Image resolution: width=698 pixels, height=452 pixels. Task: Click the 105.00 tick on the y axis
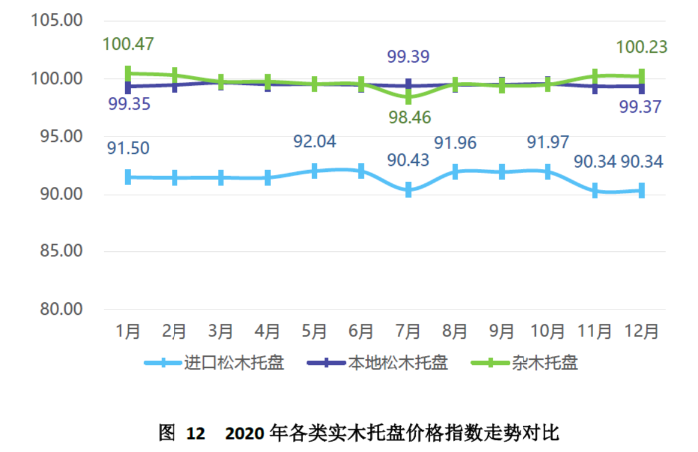[x=56, y=21]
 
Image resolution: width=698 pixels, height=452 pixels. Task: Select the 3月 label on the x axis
[x=221, y=331]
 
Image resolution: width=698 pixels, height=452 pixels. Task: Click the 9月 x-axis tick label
[x=502, y=331]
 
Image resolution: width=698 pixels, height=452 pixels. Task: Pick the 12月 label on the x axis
[x=641, y=331]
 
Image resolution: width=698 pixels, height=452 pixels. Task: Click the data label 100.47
[x=127, y=44]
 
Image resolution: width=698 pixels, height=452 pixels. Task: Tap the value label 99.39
[x=409, y=57]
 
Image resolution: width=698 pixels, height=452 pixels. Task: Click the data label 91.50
[x=128, y=148]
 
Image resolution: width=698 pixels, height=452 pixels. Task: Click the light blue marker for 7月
[x=408, y=189]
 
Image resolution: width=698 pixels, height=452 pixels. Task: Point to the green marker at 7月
[x=408, y=97]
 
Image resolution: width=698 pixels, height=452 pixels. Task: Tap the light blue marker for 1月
[x=128, y=177]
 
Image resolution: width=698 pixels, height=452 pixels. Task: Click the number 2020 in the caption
[x=246, y=433]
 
